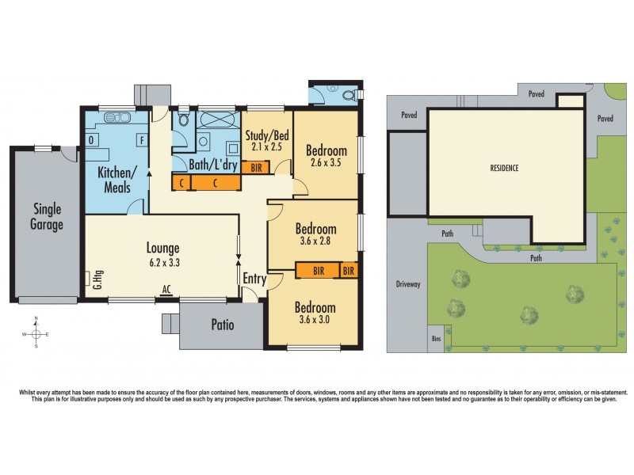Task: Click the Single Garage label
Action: point(48,216)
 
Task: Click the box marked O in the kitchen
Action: point(92,140)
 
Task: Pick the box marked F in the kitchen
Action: point(142,140)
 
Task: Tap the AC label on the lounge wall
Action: point(166,291)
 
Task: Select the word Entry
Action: point(254,279)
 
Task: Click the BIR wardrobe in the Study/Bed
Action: point(256,168)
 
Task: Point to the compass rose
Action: point(36,333)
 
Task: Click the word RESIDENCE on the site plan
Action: point(503,168)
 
